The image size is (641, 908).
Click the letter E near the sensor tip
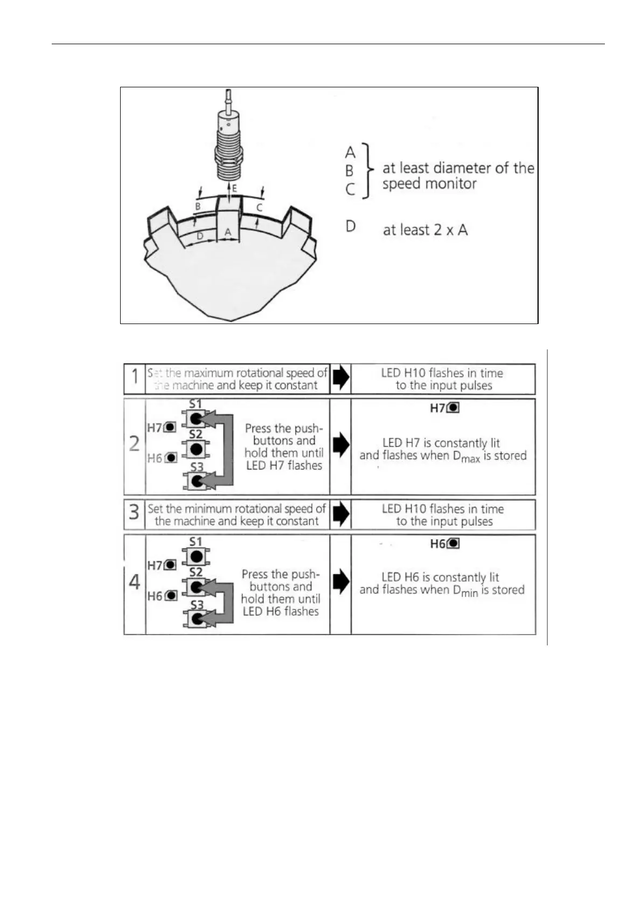coord(234,189)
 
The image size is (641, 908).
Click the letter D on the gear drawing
coord(200,236)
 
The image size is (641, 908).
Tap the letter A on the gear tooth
coord(228,231)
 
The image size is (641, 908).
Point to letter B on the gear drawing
coord(198,207)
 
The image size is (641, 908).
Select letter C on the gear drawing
coord(259,207)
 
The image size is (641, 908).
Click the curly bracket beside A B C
coord(367,170)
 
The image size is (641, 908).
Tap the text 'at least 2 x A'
coord(425,230)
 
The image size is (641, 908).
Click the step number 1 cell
coord(134,379)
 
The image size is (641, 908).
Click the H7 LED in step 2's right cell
coord(454,408)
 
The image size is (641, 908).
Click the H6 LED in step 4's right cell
coord(454,544)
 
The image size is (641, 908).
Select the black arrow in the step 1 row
coord(340,379)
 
